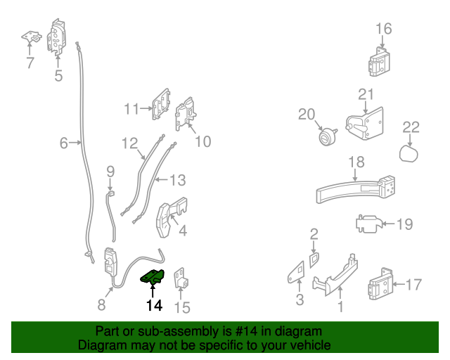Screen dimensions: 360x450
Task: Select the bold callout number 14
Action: [154, 305]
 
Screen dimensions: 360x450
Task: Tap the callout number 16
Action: [383, 29]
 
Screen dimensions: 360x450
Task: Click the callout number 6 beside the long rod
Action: [63, 143]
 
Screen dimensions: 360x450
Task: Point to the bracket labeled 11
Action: [160, 105]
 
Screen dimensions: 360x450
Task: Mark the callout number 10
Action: [202, 141]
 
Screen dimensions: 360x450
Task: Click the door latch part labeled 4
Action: [171, 219]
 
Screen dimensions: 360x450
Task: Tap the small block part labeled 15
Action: [182, 281]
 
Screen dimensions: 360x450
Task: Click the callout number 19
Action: [405, 225]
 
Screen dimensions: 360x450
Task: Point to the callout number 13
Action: [178, 181]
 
